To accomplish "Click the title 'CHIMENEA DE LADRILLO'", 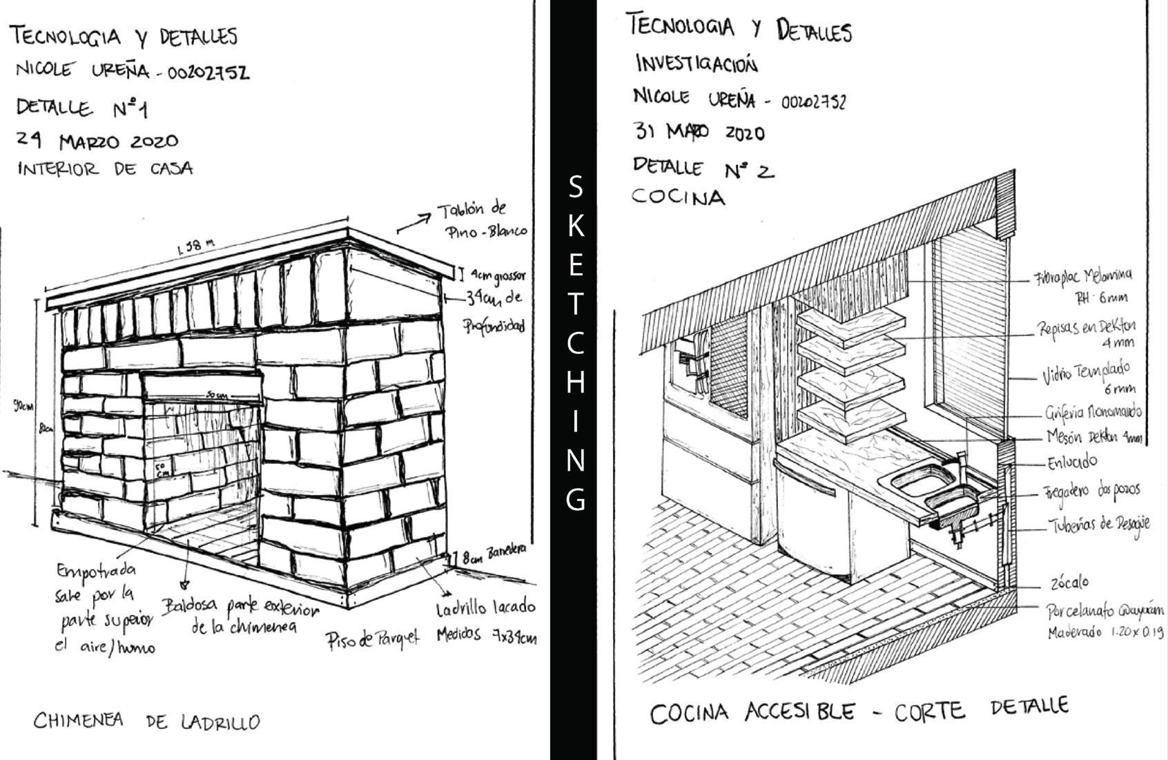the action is coord(147,721).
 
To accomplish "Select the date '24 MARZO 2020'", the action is coord(97,141).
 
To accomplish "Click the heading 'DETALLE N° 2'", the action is coord(703,168).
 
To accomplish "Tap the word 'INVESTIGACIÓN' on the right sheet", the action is coord(696,64).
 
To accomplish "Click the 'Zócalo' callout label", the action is coord(1069,583).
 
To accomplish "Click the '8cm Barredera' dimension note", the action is coord(492,553).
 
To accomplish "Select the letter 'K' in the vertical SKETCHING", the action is coord(574,225).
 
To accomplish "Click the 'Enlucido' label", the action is coord(1071,462).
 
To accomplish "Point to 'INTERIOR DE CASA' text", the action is coord(105,169).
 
